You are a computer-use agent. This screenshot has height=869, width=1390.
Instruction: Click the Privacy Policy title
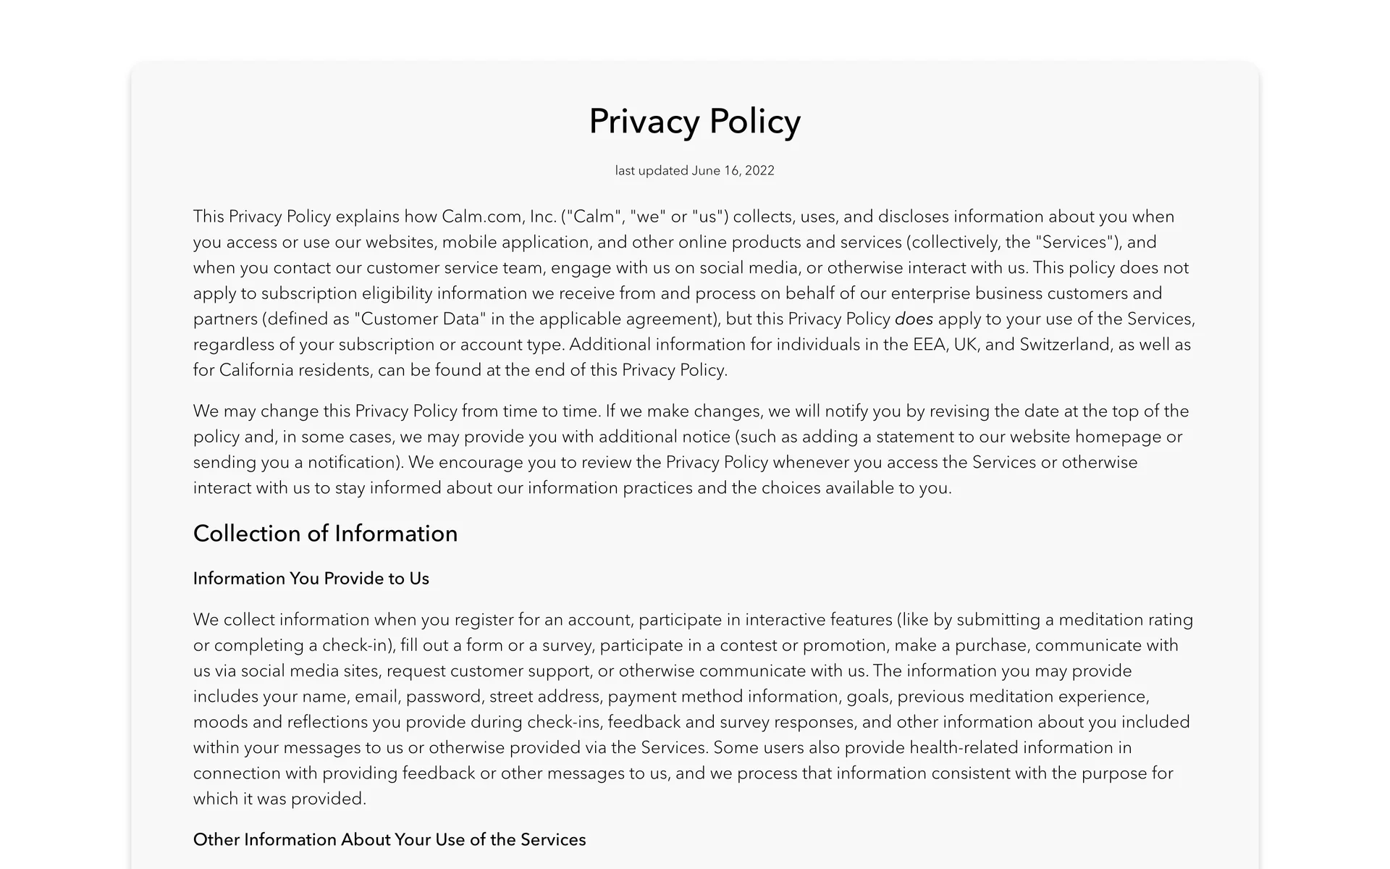point(694,121)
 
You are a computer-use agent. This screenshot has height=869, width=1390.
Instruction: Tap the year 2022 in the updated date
point(759,171)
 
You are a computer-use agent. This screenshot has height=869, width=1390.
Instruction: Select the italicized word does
point(914,319)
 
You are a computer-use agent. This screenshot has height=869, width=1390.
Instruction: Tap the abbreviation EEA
point(930,345)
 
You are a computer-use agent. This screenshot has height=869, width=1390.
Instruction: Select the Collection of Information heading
point(325,534)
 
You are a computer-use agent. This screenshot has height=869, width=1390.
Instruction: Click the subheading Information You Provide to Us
point(311,579)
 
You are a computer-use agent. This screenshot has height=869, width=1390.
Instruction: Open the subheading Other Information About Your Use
point(389,840)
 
